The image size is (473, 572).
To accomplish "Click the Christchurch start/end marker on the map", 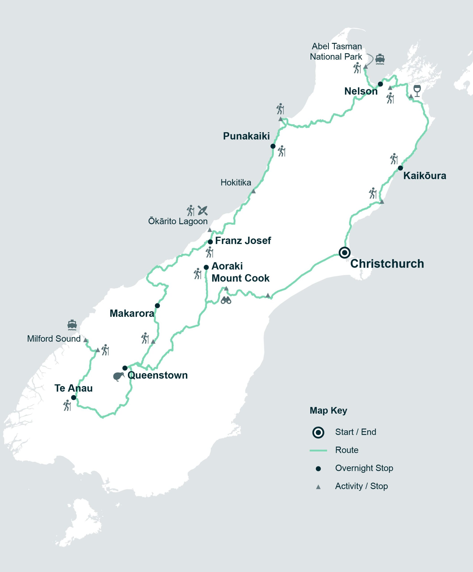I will click(x=344, y=252).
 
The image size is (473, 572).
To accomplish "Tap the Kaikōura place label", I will click(x=424, y=176).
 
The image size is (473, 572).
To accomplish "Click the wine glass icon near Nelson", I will click(x=417, y=91).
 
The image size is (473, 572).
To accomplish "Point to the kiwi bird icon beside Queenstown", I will click(x=118, y=376).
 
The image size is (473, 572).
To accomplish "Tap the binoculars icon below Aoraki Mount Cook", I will click(x=226, y=301).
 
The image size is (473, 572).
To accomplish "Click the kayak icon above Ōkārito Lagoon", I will click(x=203, y=210).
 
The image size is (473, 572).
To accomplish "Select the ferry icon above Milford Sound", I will click(x=72, y=325).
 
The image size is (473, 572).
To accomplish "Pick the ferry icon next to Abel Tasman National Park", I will click(x=380, y=59).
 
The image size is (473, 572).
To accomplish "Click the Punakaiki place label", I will click(x=246, y=136).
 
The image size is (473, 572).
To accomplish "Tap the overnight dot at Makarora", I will click(x=157, y=306).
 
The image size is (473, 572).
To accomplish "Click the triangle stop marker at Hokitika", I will click(x=253, y=191).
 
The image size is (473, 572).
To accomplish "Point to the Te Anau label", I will click(x=73, y=388).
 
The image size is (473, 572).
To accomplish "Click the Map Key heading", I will click(x=328, y=410).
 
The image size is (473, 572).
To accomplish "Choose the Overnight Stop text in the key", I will click(x=364, y=468).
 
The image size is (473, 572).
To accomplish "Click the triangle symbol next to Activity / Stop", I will click(x=318, y=487).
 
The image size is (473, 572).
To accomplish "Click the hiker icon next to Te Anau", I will click(x=67, y=405).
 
